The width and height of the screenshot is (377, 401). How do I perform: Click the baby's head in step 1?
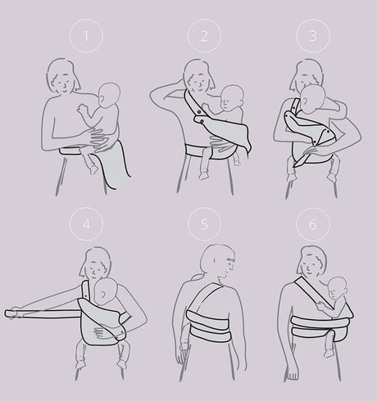click(x=107, y=96)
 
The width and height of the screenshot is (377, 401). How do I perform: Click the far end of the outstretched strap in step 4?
click(x=13, y=312)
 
